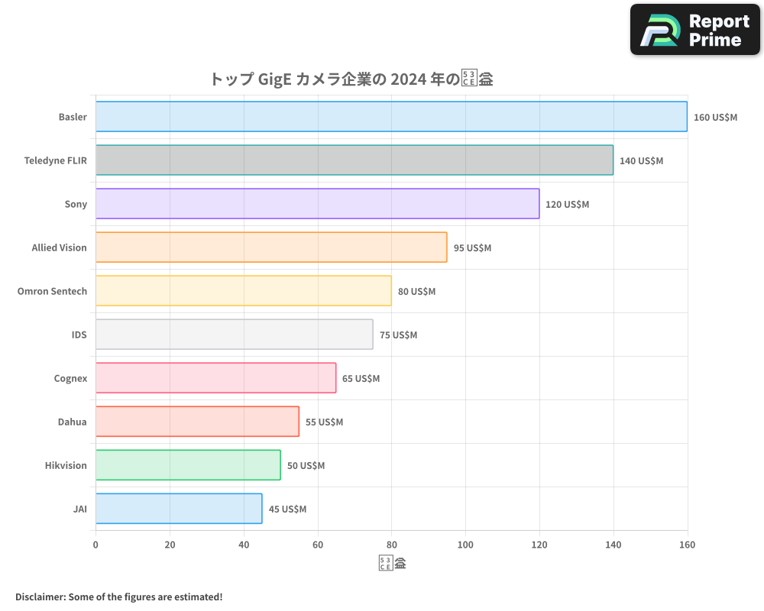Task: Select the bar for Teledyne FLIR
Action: tap(354, 160)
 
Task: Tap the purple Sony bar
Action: tap(317, 204)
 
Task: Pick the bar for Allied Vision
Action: tap(271, 247)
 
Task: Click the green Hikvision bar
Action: tap(188, 465)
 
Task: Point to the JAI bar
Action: tap(179, 509)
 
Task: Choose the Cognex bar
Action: tap(215, 378)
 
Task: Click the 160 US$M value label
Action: tap(715, 118)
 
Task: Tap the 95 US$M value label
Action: tap(472, 248)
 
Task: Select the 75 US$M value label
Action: tap(398, 335)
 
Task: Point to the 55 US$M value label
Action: tap(324, 422)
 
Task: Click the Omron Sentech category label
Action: tap(52, 291)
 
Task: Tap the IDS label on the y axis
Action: tap(79, 335)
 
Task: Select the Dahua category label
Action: tap(72, 422)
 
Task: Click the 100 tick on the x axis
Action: tap(465, 545)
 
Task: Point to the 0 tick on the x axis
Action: tap(95, 545)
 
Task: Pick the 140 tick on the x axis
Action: tap(613, 545)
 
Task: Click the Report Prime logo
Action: tap(694, 30)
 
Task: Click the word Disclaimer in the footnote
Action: tap(40, 596)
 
